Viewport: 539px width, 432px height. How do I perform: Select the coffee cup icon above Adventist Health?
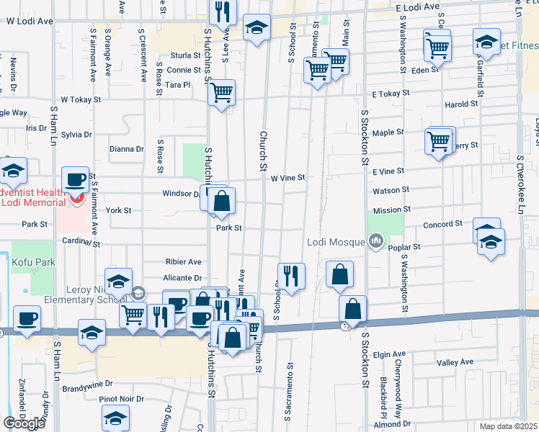(75, 179)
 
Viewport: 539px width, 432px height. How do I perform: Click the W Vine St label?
(288, 178)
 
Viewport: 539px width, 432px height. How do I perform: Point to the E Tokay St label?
(391, 94)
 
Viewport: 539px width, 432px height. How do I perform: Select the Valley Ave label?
(455, 362)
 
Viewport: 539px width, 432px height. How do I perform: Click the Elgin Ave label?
(391, 354)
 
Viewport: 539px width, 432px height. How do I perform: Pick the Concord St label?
(442, 225)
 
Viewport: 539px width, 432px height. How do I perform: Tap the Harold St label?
(461, 104)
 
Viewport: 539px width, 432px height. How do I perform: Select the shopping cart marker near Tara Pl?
(222, 91)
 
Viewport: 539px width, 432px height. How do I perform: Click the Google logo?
(24, 423)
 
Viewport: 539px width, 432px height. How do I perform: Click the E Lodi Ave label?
(418, 6)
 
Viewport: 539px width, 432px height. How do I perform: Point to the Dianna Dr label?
(127, 149)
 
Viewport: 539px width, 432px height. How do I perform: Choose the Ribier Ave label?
(184, 262)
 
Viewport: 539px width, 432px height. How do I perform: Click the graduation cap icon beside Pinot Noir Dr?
(115, 417)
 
